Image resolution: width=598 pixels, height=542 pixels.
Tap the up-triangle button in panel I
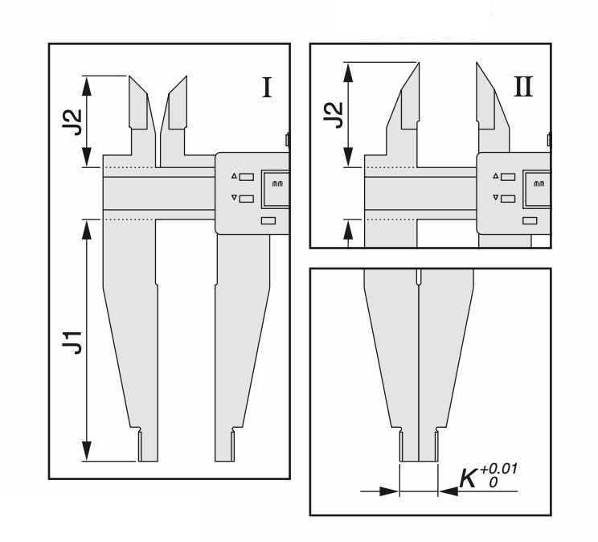click(x=242, y=177)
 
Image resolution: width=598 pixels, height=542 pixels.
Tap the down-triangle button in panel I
click(x=242, y=198)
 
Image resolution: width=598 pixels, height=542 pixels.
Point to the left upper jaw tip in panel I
click(x=131, y=79)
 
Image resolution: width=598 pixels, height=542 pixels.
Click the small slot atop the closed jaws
click(x=419, y=276)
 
